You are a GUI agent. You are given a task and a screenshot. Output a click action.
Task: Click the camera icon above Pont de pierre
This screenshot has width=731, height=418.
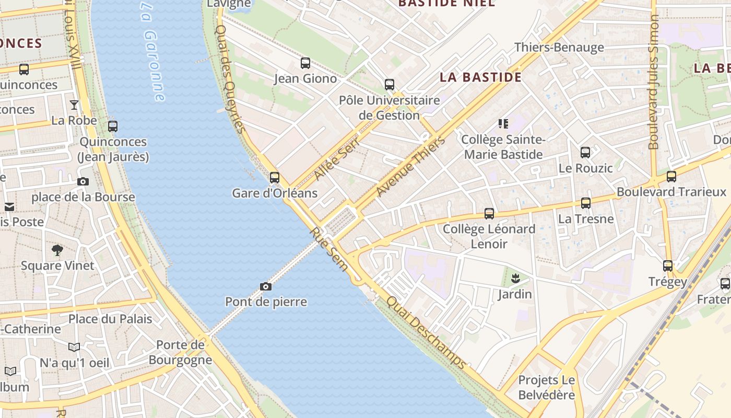click(x=266, y=286)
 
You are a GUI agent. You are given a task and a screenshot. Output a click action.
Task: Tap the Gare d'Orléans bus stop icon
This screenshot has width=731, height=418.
click(x=275, y=178)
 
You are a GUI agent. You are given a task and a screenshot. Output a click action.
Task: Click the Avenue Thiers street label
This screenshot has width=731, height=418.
click(x=410, y=166)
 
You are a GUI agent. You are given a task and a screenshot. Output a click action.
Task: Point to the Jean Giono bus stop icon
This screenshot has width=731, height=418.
click(x=305, y=63)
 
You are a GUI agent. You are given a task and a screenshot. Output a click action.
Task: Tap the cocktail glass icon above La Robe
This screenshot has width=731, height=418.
click(x=74, y=105)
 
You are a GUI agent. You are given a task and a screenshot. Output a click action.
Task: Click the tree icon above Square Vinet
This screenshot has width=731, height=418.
click(x=57, y=250)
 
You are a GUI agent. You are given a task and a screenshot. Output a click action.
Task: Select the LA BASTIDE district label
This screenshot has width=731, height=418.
click(x=480, y=77)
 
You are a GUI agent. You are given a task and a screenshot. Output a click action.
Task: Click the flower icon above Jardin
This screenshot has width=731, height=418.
click(x=515, y=278)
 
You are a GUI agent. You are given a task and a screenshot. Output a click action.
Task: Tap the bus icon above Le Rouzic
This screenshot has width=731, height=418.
click(x=585, y=153)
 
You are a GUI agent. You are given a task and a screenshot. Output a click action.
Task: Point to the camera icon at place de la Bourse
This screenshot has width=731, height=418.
click(x=83, y=182)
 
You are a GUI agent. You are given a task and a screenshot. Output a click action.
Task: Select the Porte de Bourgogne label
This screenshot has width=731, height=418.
click(x=181, y=352)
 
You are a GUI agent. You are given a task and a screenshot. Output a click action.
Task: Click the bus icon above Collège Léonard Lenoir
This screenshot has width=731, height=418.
click(x=489, y=214)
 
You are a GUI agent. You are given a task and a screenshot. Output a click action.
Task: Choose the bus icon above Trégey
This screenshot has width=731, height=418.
click(x=668, y=266)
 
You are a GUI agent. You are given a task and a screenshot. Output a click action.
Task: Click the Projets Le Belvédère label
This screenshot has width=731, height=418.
click(x=546, y=387)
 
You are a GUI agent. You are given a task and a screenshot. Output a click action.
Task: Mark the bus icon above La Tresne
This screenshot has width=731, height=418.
click(x=586, y=203)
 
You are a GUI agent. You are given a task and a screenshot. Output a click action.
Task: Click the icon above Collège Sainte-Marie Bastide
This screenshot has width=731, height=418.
click(x=503, y=124)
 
